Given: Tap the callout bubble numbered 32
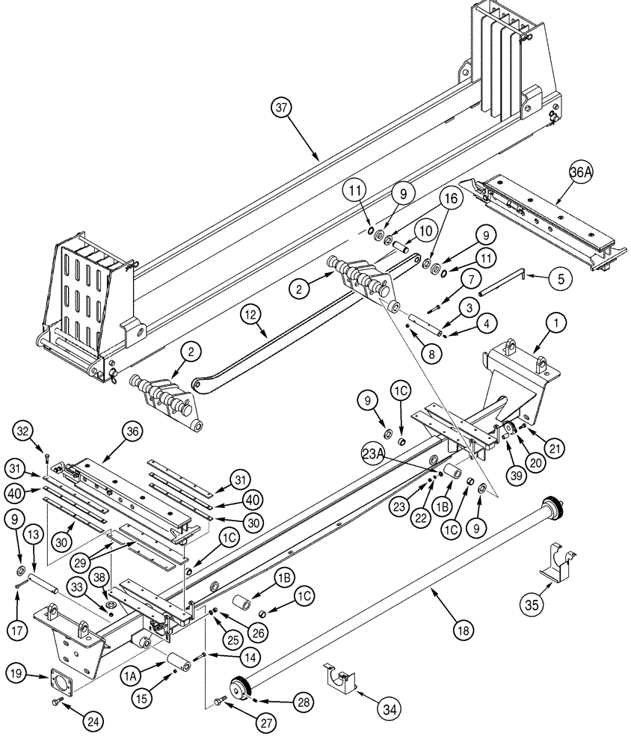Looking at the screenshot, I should coord(23,431).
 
